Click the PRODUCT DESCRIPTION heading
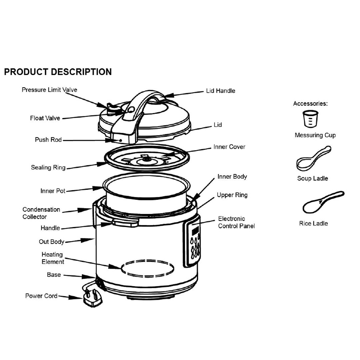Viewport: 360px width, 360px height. [x=58, y=72]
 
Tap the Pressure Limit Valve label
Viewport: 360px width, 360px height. [x=49, y=90]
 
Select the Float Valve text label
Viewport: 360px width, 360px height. [x=45, y=118]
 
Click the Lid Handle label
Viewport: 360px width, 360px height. [x=220, y=91]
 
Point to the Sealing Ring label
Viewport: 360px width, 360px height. [x=48, y=167]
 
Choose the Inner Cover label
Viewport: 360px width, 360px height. [x=229, y=147]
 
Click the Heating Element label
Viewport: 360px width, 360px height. [x=53, y=258]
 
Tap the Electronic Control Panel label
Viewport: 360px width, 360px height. [x=236, y=222]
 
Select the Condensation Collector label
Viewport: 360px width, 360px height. [x=41, y=213]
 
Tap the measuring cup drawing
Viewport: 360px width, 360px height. [x=310, y=119]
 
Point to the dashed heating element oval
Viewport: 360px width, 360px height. [x=147, y=268]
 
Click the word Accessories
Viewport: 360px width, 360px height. [x=310, y=104]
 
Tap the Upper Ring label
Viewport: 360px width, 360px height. [x=232, y=195]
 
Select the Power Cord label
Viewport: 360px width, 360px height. [x=41, y=296]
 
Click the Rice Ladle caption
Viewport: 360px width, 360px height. [x=313, y=223]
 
